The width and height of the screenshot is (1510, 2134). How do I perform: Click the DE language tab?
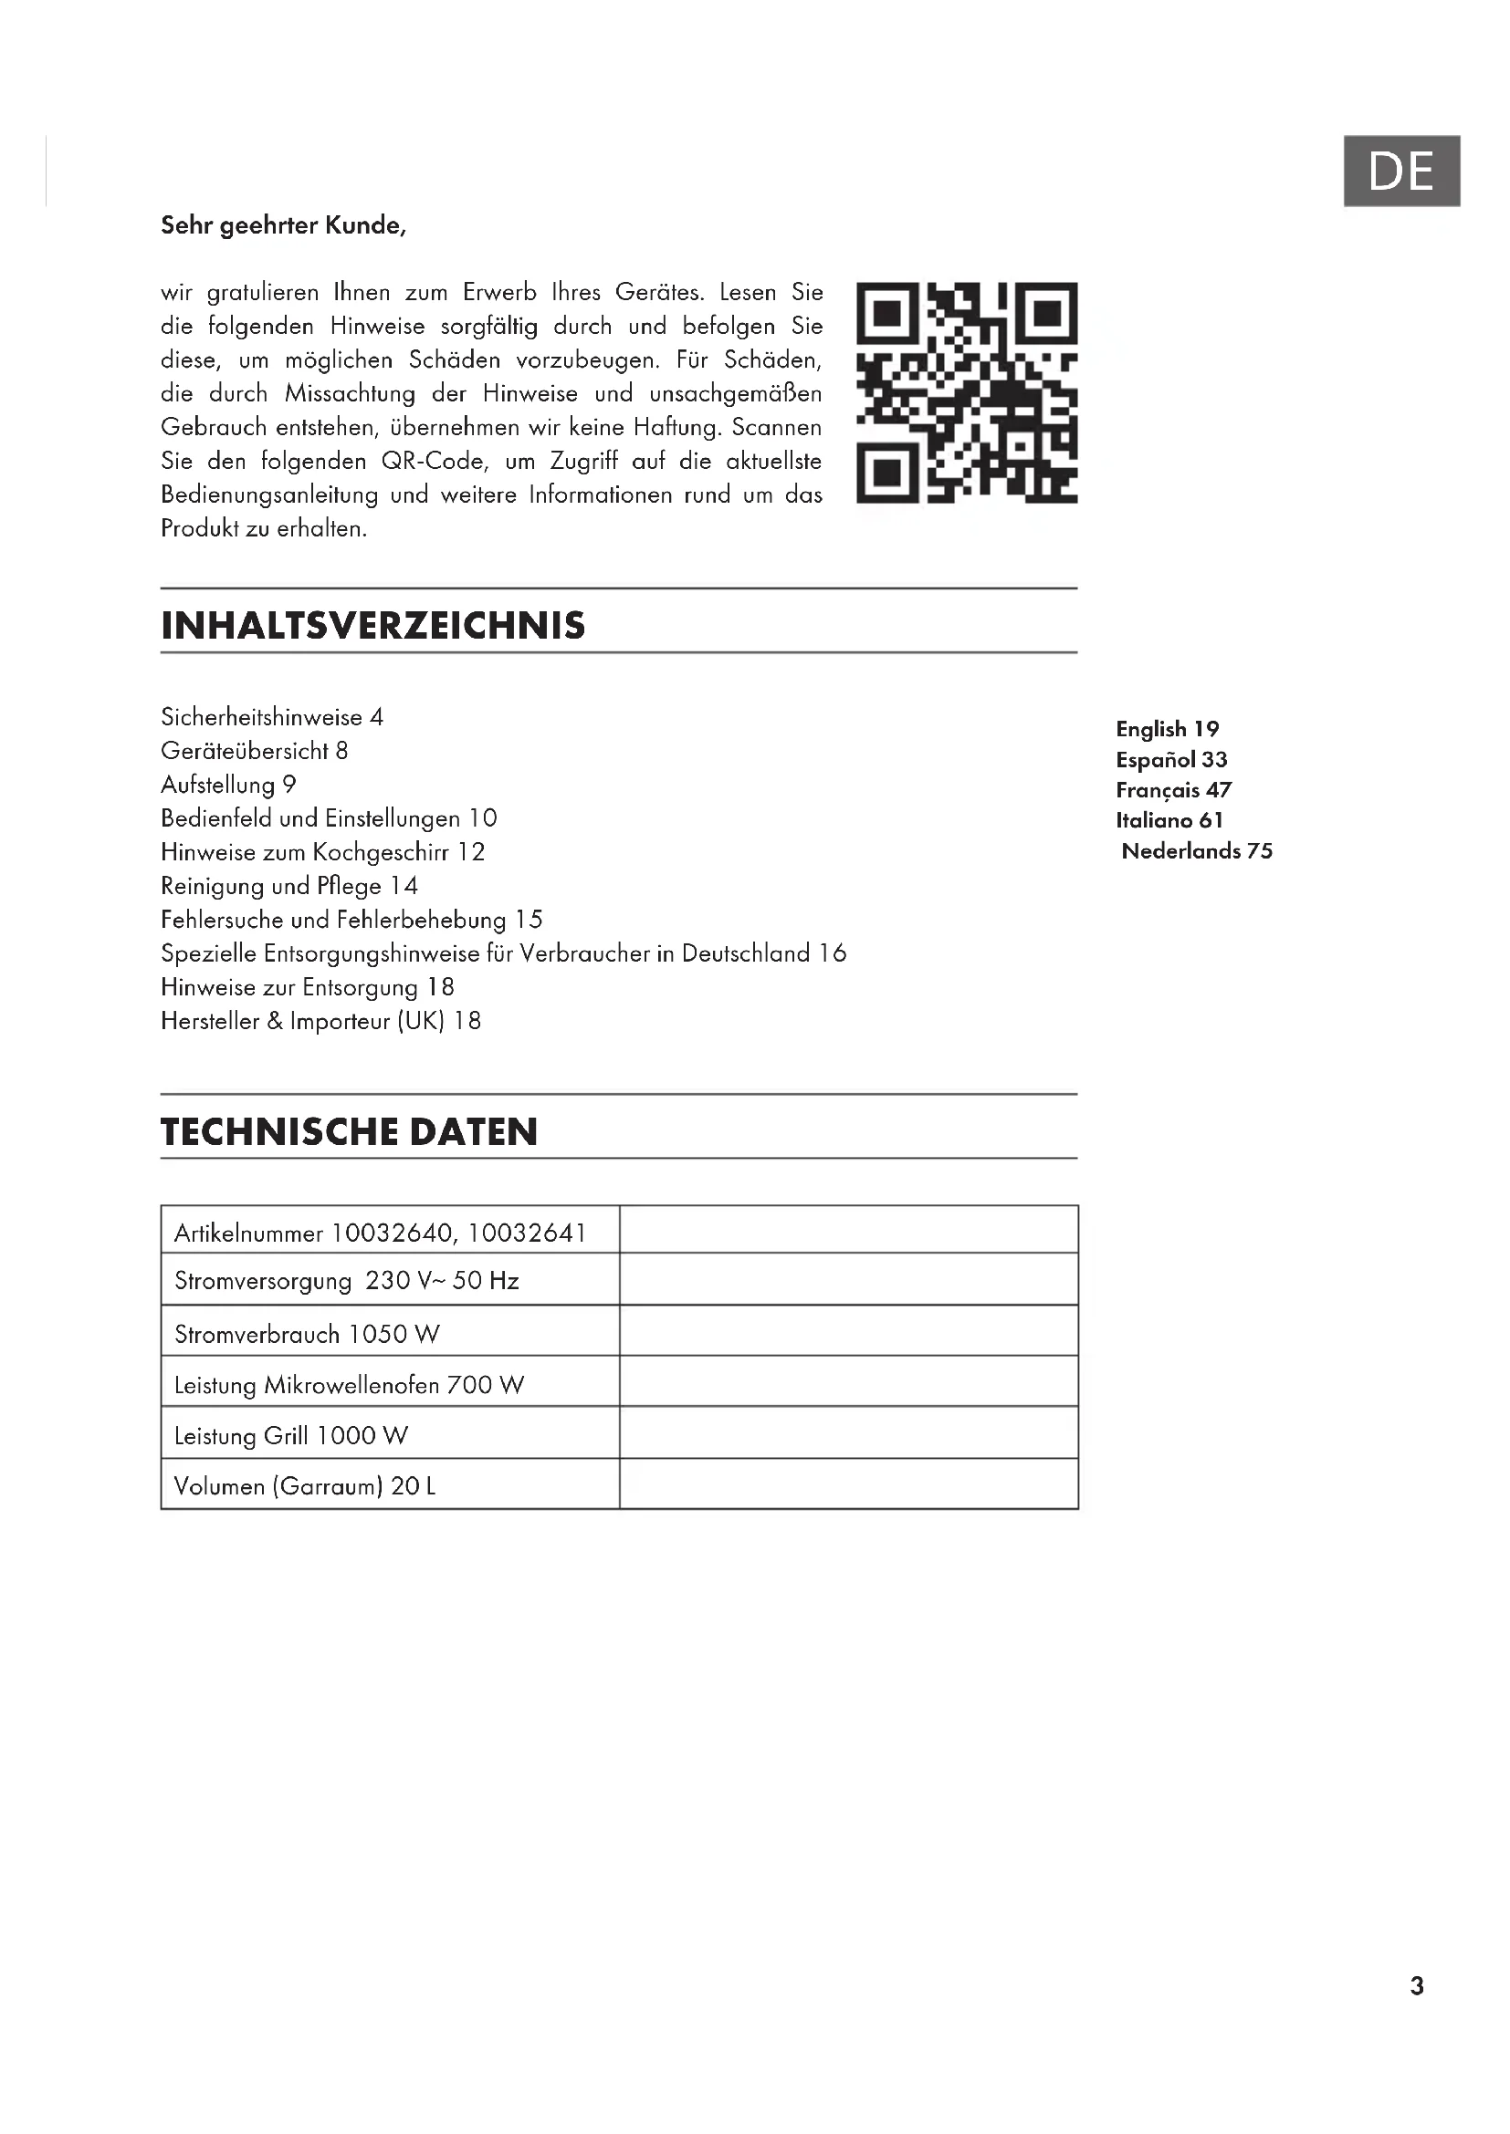point(1400,171)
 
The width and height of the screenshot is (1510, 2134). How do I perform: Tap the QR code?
point(966,392)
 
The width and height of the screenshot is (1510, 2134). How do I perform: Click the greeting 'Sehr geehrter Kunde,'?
point(283,225)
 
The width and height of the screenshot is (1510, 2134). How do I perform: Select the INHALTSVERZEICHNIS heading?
point(372,626)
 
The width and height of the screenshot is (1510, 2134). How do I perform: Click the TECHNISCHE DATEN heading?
point(349,1131)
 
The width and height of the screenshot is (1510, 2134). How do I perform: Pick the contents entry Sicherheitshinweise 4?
point(271,716)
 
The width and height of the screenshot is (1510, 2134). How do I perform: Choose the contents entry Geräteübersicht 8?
point(254,750)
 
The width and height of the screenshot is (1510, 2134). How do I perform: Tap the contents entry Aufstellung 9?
point(228,785)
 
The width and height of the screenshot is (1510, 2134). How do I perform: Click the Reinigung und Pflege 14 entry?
point(289,886)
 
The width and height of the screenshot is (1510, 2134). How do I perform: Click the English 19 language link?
point(1167,729)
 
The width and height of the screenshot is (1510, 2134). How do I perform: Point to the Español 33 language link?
point(1171,759)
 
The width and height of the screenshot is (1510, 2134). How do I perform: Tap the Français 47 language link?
point(1173,790)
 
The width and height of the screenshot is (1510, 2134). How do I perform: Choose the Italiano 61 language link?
point(1169,820)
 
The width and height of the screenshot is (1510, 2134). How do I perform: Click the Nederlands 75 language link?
point(1197,850)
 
